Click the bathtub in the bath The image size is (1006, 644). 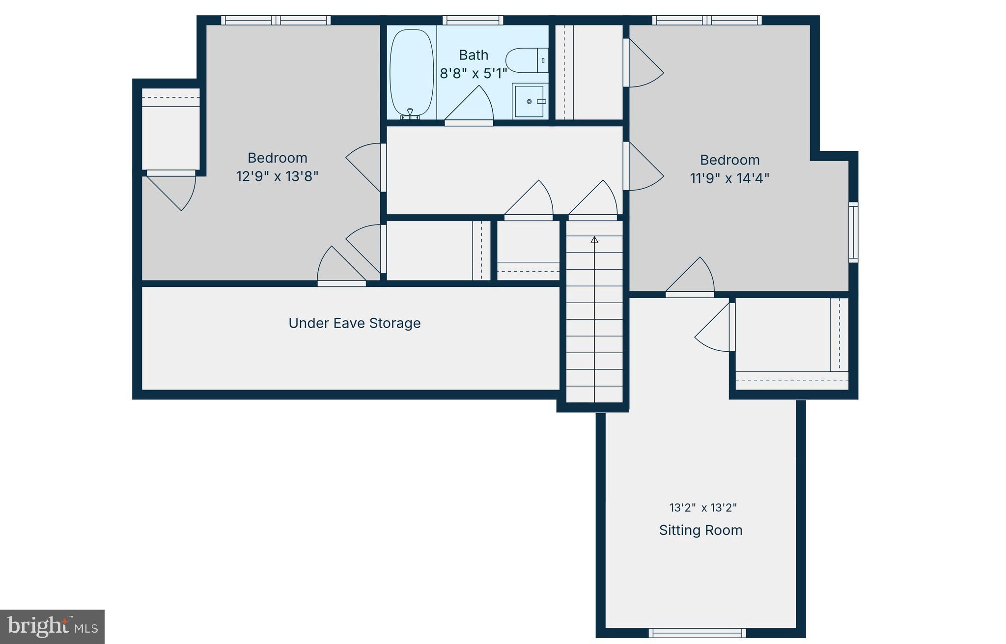tap(411, 73)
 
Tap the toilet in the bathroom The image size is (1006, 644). tap(526, 60)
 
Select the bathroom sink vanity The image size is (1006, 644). tap(530, 101)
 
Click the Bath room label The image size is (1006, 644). tap(474, 55)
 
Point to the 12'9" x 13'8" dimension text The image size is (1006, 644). tap(277, 176)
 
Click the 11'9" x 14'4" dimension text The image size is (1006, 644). tap(729, 178)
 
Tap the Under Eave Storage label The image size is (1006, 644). tap(354, 323)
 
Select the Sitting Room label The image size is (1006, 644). tap(700, 531)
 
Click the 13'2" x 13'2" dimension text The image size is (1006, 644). tap(703, 508)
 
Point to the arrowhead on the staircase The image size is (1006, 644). tap(594, 240)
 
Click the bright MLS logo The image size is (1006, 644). tap(52, 626)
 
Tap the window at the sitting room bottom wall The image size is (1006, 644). tap(697, 633)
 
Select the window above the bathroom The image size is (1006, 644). tap(473, 20)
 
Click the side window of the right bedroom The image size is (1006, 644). tap(854, 232)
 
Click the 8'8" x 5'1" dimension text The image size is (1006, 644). tap(474, 74)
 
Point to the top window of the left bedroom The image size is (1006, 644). tap(276, 20)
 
